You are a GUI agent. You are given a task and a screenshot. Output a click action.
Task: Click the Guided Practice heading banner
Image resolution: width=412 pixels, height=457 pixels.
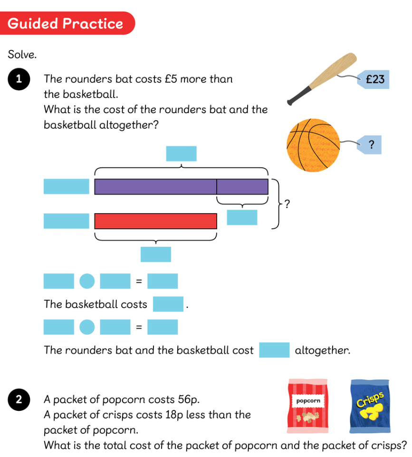[67, 23]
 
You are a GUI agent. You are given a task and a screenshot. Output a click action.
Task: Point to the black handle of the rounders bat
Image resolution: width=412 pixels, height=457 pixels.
[298, 97]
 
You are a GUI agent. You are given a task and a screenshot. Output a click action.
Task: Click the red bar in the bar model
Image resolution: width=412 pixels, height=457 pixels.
[156, 221]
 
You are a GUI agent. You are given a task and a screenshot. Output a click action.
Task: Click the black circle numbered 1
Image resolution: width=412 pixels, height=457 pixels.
[19, 79]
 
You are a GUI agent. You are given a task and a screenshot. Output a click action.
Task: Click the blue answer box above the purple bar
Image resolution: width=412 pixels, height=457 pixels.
[181, 154]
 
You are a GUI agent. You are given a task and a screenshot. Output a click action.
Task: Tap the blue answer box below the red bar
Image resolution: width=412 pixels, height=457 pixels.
[155, 254]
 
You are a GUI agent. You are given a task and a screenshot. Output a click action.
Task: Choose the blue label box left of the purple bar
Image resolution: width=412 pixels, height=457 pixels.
[66, 186]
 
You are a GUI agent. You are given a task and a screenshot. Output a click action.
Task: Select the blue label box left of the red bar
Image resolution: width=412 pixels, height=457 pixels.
[66, 221]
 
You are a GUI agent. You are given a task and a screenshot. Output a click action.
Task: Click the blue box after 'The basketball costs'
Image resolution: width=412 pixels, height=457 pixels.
[168, 304]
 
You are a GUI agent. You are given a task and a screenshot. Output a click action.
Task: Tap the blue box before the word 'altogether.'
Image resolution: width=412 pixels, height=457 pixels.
[274, 350]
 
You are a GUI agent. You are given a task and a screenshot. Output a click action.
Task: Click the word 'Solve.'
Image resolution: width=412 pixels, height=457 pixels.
[22, 55]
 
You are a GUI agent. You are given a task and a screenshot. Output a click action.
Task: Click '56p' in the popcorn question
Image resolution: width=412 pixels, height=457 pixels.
[192, 399]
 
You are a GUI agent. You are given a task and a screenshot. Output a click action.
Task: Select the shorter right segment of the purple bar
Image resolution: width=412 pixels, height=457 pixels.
[242, 186]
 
